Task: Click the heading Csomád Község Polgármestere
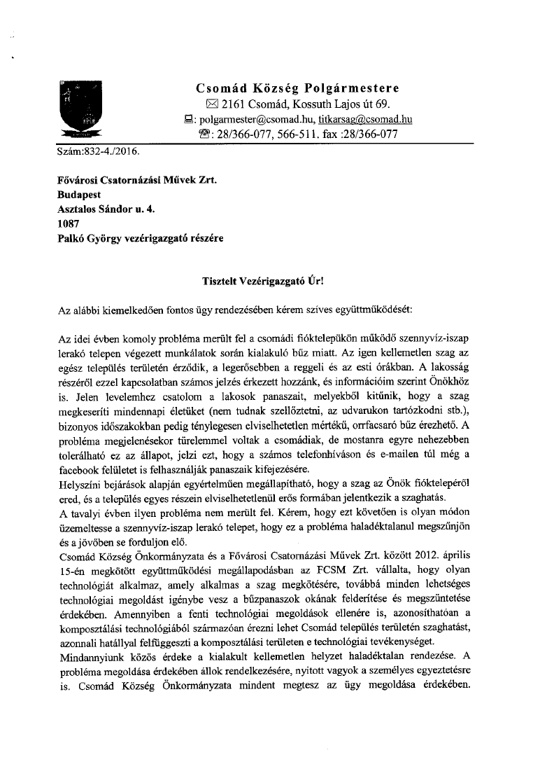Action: click(x=297, y=88)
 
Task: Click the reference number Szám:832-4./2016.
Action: click(x=97, y=151)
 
